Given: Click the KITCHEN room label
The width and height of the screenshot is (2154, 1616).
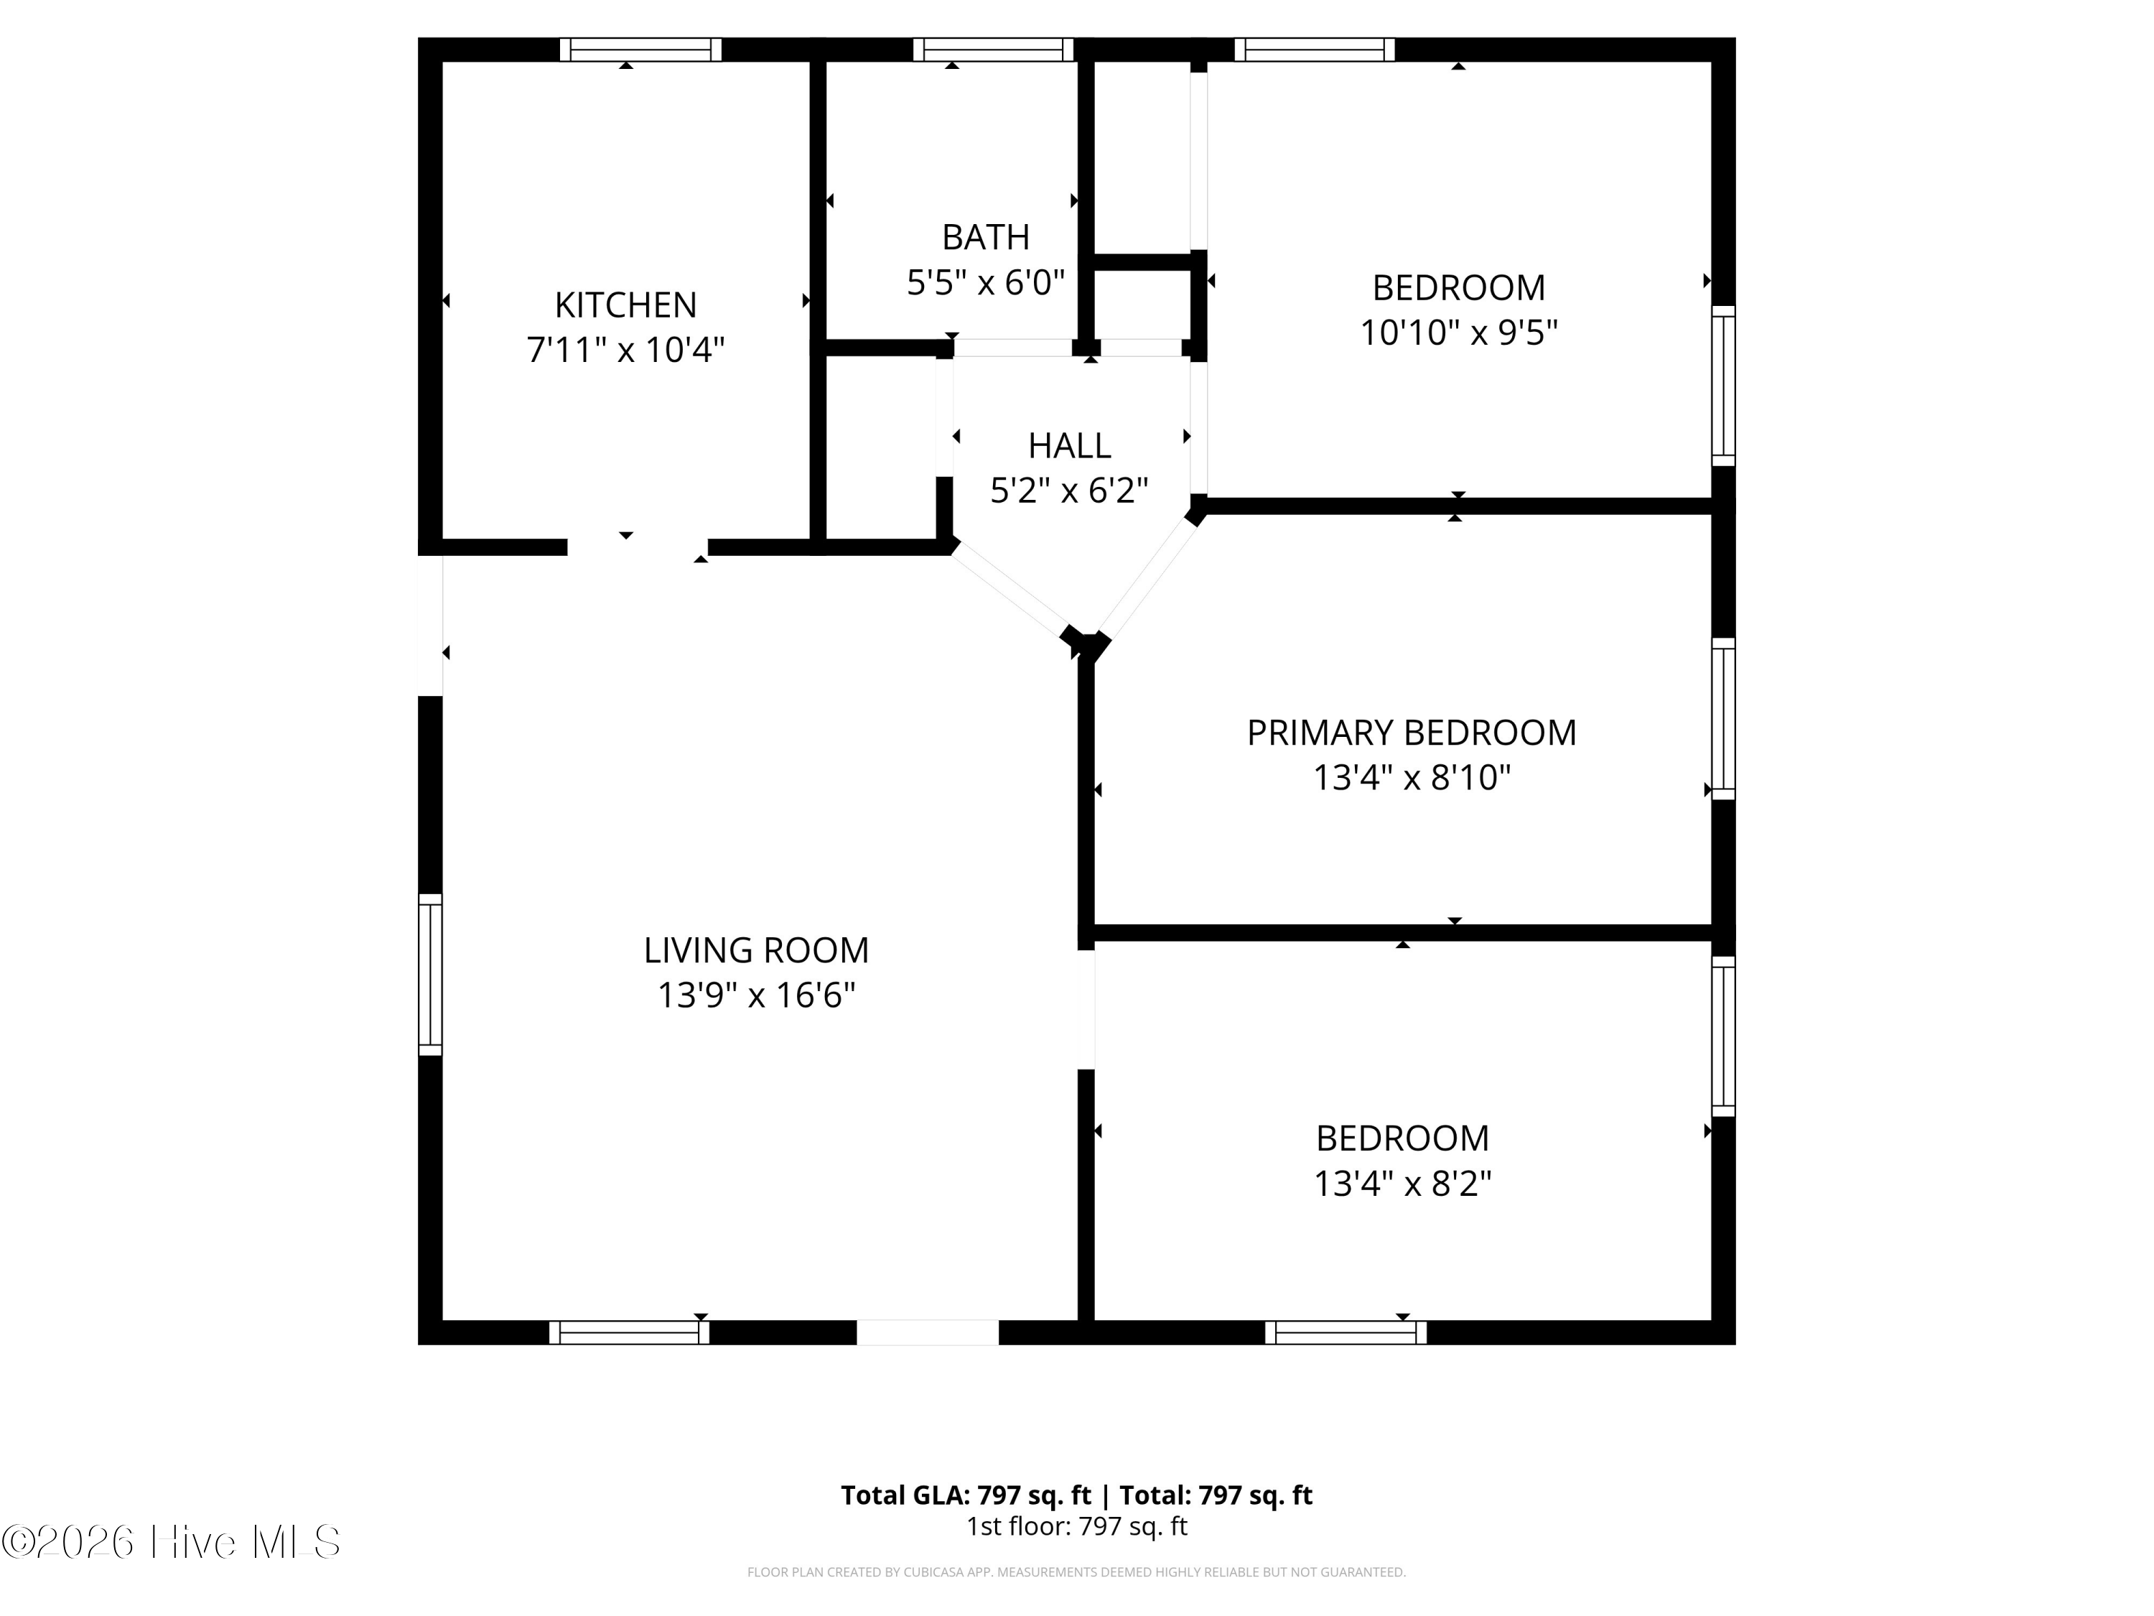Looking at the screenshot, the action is point(625,305).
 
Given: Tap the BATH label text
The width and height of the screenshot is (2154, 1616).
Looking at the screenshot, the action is point(986,237).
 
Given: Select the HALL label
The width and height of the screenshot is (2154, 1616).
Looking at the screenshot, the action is point(1069,445).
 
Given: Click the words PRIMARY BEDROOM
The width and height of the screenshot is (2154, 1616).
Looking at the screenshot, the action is point(1411,733).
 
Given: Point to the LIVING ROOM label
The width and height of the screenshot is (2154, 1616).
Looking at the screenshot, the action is point(755,949).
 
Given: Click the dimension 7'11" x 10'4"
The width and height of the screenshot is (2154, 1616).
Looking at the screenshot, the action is point(625,350).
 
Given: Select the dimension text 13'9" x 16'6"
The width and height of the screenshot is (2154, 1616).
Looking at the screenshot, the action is point(755,995).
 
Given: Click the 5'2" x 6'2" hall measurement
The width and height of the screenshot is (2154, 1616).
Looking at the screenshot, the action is point(1069,490).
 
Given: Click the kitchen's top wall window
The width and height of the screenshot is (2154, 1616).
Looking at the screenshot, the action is point(640,50).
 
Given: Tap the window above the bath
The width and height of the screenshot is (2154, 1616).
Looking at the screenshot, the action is point(993,50).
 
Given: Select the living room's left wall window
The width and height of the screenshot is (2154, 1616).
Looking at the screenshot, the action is point(430,974).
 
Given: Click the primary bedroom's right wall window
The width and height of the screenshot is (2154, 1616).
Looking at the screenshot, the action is point(1724,719).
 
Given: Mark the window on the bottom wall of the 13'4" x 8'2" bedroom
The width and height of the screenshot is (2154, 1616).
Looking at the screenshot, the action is point(1346,1332).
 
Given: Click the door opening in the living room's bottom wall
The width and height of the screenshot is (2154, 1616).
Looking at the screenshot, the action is point(928,1332).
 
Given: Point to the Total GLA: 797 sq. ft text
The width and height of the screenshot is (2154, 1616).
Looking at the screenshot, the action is point(966,1495).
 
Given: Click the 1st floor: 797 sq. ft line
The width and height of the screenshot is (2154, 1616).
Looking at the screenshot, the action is point(1077,1526).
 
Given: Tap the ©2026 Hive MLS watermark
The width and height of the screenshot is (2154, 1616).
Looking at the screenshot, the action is point(172,1542).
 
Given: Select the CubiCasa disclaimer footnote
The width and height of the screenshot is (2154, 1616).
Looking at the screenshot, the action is point(1077,1572).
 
